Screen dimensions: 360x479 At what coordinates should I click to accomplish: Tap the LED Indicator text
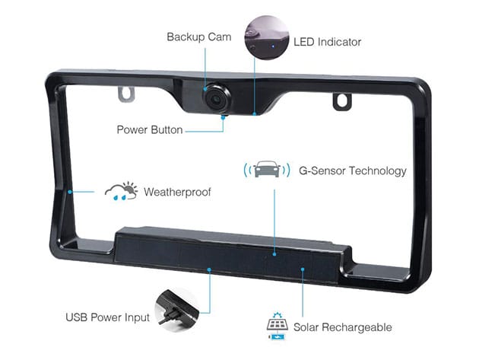click(x=327, y=41)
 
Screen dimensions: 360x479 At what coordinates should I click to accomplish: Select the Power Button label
click(x=150, y=129)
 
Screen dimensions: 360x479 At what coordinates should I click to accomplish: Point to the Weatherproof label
click(x=177, y=192)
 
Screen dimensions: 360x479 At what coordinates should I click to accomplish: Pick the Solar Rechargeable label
click(x=344, y=327)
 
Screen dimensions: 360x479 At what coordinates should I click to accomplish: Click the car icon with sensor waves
click(x=265, y=169)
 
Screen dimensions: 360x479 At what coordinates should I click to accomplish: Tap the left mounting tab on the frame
click(x=126, y=93)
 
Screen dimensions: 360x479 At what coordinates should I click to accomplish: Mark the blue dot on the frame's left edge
click(x=69, y=191)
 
